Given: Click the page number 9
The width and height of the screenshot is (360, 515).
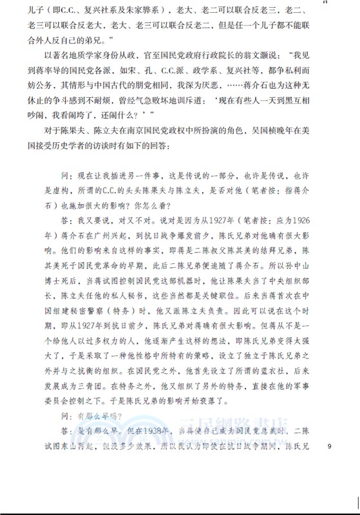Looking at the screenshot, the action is coord(330,445).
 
